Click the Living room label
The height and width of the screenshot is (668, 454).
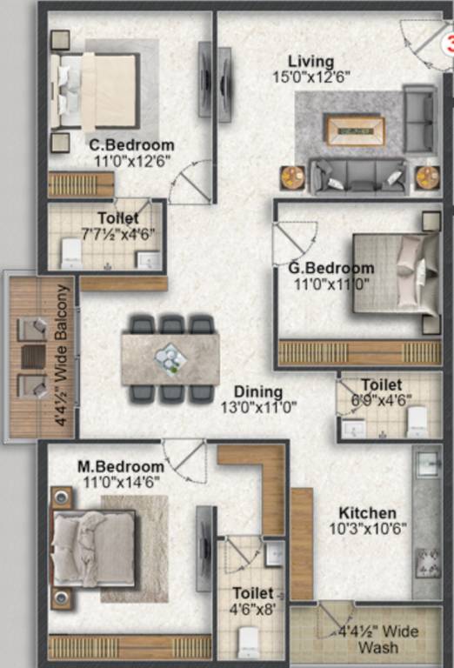point(310,62)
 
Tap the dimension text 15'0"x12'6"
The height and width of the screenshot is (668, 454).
point(310,77)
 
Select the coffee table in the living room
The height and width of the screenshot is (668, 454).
point(355,130)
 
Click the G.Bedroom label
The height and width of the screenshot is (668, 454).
point(331,268)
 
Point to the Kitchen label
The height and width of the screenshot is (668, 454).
point(367,513)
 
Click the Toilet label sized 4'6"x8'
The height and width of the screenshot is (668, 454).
point(253,593)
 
